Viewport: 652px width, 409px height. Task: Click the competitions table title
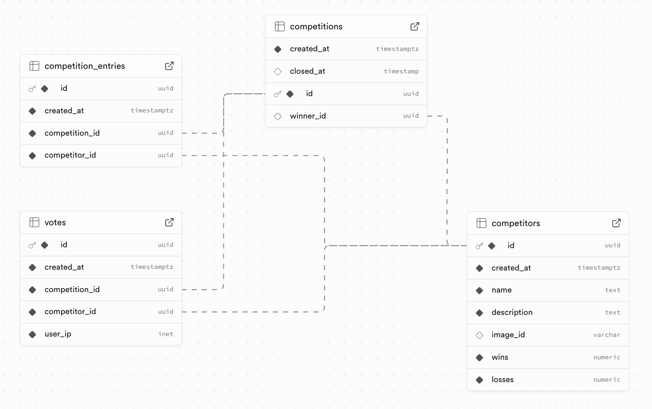[x=316, y=26]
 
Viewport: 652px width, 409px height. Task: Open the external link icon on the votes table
[x=169, y=222]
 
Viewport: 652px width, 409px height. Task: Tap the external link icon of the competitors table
[x=616, y=223]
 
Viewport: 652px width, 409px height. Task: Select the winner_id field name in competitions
[x=308, y=116]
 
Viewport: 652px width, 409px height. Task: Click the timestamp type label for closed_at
[x=401, y=71]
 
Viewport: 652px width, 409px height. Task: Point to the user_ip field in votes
[x=58, y=334]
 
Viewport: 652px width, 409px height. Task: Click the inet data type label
[x=166, y=334]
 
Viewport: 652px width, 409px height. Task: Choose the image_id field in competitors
[x=508, y=335]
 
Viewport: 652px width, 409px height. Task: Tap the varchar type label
[x=606, y=335]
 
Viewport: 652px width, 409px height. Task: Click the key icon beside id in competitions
[x=278, y=94]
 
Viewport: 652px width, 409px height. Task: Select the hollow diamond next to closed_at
[x=278, y=72]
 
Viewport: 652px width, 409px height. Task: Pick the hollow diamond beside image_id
[x=479, y=335]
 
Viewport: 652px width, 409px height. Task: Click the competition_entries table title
[x=85, y=66]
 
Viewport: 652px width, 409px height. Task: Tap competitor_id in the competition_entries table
[x=70, y=155]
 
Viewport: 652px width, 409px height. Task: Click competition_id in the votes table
[x=72, y=290]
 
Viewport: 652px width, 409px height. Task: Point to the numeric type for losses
[x=606, y=380]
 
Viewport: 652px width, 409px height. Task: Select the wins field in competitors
[x=500, y=357]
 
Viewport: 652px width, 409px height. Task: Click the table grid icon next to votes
[x=35, y=222]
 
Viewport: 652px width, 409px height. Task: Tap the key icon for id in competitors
[x=479, y=246]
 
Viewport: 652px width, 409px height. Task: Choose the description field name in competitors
[x=512, y=312]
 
